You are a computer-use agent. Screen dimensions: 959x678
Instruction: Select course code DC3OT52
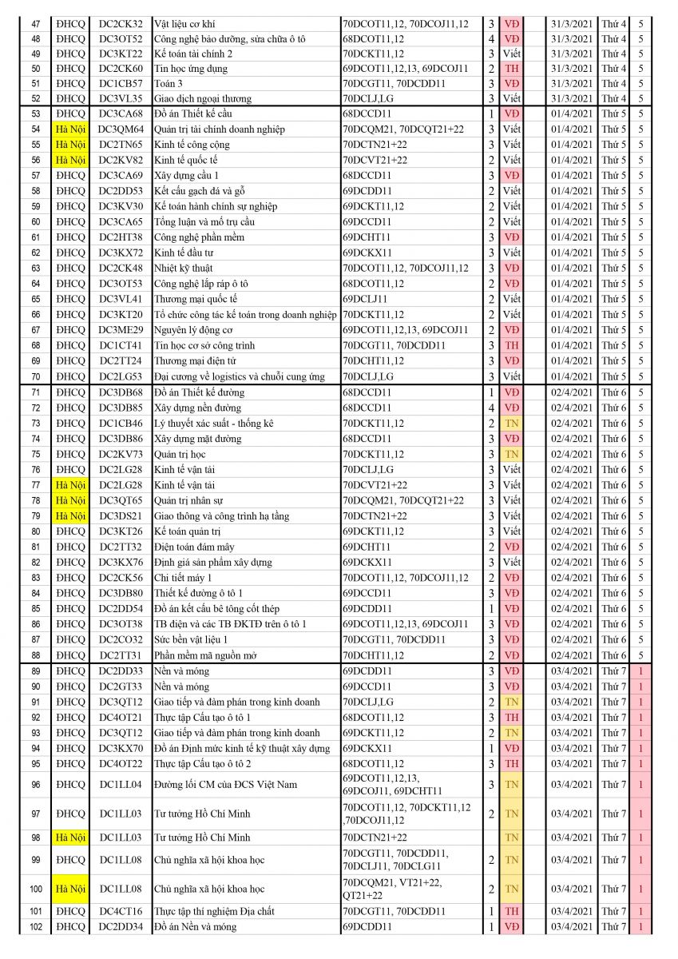pos(121,38)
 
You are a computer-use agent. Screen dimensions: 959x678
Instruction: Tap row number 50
pos(35,69)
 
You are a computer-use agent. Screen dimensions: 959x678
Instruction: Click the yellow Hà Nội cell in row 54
pos(70,129)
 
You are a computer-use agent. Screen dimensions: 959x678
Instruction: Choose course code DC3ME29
pos(121,330)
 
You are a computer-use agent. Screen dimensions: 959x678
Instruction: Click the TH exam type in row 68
pos(511,345)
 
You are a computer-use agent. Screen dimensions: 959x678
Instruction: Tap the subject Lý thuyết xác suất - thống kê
pos(213,424)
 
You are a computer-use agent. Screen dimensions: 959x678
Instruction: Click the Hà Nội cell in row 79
pos(70,516)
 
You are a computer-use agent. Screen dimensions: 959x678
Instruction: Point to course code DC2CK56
pos(121,578)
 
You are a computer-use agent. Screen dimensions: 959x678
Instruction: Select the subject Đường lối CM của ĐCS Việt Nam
pos(216,785)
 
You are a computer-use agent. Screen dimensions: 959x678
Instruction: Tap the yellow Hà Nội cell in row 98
pos(70,838)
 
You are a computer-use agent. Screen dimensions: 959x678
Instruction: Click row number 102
pos(35,927)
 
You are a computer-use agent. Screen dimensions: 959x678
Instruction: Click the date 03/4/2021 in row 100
pos(572,889)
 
